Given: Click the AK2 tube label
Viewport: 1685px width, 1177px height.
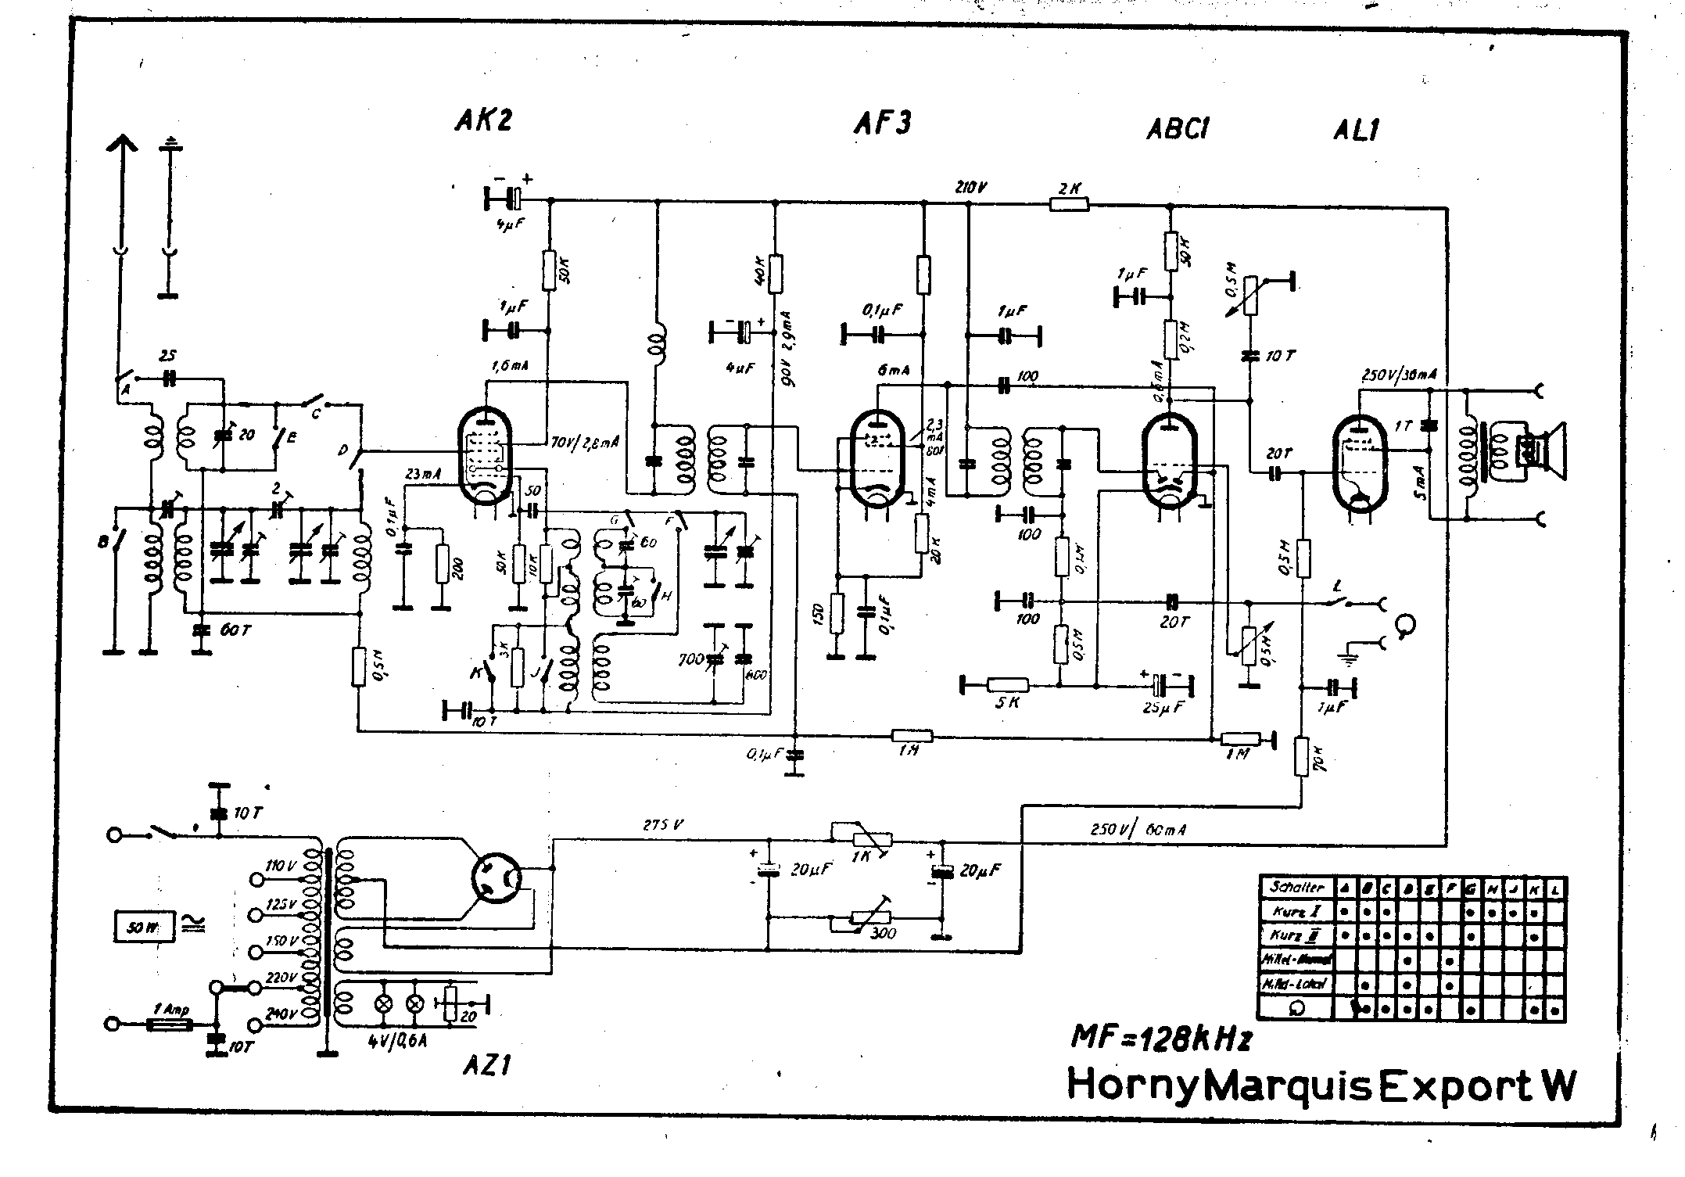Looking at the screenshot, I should (x=482, y=120).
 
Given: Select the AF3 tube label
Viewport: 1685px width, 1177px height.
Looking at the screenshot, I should (x=881, y=124).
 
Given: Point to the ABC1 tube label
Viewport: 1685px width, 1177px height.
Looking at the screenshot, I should (x=1177, y=129).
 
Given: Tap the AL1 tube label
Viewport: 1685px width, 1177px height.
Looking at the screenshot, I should (x=1355, y=130).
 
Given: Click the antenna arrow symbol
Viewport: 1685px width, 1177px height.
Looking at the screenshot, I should (x=120, y=149).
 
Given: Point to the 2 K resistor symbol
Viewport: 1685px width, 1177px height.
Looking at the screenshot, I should (x=1068, y=205).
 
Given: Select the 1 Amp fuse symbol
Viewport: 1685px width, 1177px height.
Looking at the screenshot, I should (x=169, y=1024).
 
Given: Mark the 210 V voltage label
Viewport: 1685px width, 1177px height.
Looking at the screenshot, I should (x=971, y=188).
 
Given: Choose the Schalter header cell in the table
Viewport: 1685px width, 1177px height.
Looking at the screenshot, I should (x=1297, y=888).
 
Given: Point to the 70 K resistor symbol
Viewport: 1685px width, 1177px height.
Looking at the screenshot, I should (x=1301, y=756).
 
